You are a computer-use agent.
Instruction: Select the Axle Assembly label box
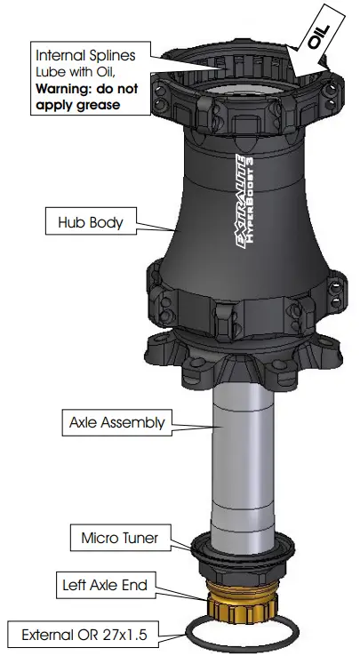click(x=117, y=422)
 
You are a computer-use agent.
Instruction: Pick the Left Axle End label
click(x=105, y=586)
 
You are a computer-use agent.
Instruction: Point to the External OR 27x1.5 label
click(x=84, y=636)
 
